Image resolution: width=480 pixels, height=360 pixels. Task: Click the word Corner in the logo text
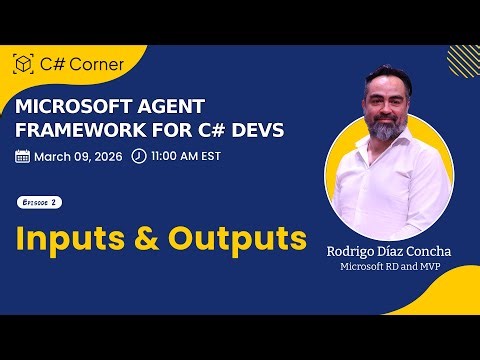96,64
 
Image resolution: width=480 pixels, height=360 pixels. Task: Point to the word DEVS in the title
255,130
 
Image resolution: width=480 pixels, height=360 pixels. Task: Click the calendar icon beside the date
23,156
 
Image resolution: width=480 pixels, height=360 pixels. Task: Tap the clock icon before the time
138,156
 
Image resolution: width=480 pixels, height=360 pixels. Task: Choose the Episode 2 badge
41,202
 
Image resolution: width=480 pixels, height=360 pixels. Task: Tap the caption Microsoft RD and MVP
386,269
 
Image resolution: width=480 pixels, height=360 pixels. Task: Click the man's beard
385,130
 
